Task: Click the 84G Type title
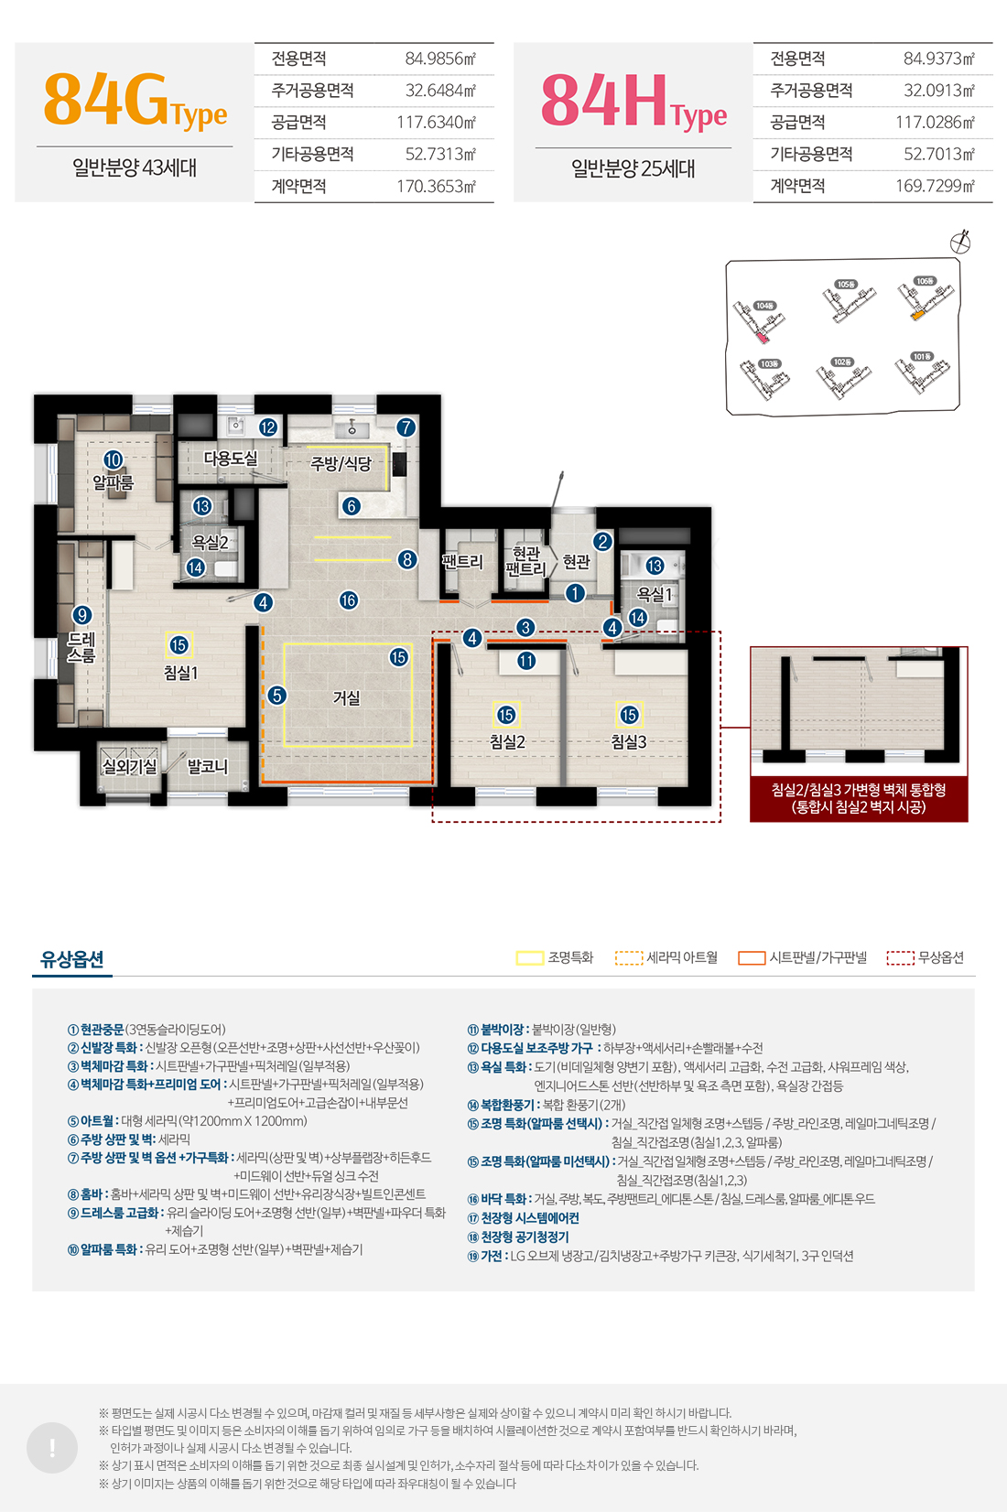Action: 135,102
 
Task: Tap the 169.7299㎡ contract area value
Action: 935,186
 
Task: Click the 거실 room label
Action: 346,698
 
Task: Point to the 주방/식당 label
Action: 341,464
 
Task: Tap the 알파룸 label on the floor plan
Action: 113,481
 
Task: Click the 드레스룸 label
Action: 81,647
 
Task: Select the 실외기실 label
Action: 129,766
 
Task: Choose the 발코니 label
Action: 208,766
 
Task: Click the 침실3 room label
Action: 629,742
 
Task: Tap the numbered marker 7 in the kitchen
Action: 406,427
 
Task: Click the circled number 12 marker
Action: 267,427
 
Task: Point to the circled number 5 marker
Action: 277,696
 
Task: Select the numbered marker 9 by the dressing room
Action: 82,615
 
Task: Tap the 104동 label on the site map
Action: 764,306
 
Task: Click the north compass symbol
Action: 960,242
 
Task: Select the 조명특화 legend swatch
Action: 529,958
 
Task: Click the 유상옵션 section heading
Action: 72,959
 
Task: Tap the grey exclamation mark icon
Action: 52,1447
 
